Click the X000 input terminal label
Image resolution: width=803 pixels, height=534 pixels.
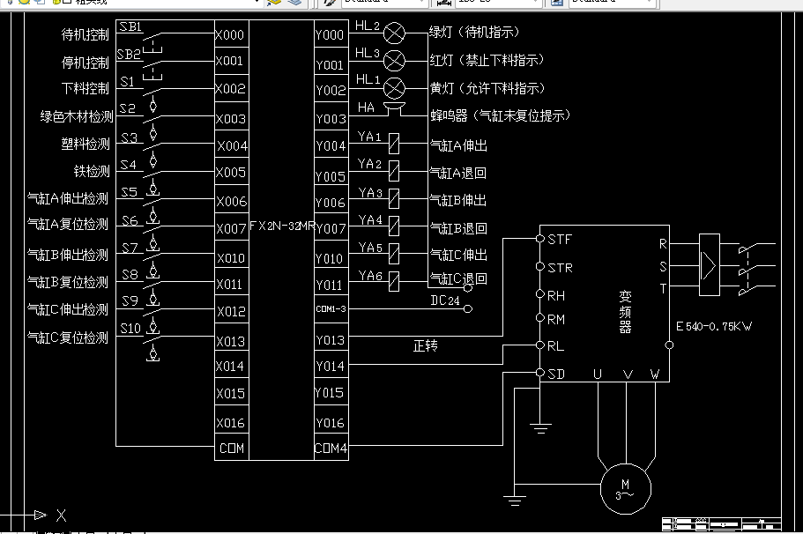[231, 35]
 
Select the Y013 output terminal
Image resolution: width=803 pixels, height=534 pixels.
[331, 340]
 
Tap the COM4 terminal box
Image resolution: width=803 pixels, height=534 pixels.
[331, 449]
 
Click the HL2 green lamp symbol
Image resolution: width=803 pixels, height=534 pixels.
[395, 33]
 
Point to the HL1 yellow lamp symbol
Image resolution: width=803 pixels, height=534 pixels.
[395, 88]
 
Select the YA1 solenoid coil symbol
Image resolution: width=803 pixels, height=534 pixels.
[395, 144]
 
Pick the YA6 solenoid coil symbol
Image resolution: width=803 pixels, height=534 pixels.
[395, 281]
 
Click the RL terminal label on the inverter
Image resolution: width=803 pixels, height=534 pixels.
[555, 346]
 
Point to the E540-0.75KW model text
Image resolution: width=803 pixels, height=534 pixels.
[714, 327]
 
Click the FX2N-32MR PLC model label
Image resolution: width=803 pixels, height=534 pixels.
[282, 226]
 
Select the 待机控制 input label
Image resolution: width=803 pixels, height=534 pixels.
[86, 35]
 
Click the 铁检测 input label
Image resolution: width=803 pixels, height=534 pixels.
[92, 171]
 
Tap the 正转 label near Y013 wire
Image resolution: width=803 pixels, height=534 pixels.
[425, 346]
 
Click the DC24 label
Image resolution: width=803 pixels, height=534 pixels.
[445, 300]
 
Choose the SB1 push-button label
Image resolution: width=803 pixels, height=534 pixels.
[130, 28]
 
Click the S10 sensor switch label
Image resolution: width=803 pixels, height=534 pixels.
[131, 329]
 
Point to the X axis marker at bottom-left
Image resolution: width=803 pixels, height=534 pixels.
[61, 515]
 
